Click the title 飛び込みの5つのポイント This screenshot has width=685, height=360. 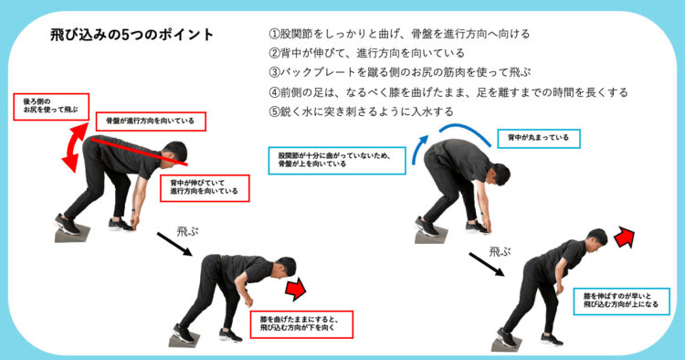132,35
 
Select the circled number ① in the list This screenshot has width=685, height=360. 274,34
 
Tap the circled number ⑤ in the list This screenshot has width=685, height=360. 274,111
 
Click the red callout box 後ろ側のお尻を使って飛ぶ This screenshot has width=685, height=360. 51,107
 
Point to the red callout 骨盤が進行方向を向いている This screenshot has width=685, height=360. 151,121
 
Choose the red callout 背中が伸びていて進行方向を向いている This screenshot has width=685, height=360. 205,188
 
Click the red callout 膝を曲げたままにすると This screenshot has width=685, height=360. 301,324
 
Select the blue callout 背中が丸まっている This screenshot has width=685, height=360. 539,139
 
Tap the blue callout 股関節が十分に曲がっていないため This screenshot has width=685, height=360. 337,160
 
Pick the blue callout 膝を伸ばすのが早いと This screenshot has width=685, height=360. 621,301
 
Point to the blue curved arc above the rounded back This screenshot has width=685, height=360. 465,131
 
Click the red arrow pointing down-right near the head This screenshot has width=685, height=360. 296,289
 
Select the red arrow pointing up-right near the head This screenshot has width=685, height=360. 625,238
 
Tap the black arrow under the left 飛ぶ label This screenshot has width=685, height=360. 174,244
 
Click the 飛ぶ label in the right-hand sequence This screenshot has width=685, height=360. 500,251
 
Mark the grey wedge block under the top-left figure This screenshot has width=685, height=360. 71,234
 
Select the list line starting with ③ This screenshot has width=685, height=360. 400,72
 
